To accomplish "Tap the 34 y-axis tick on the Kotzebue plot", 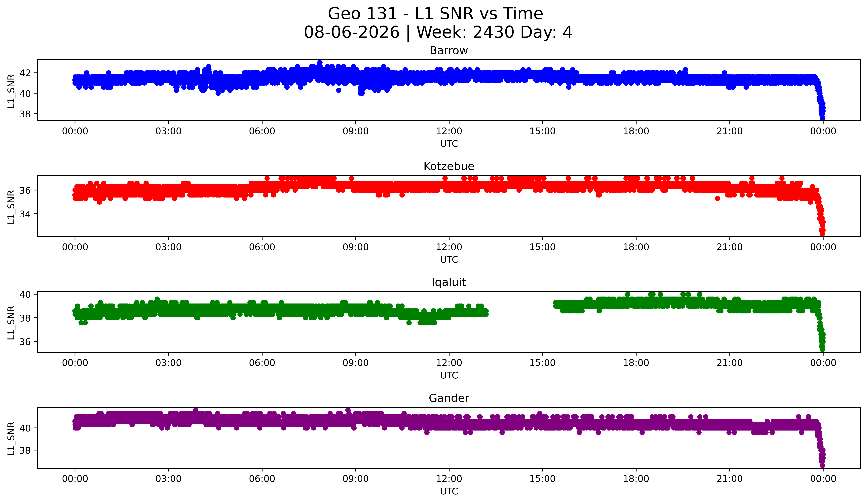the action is (25, 214).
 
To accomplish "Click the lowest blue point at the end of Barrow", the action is (822, 118).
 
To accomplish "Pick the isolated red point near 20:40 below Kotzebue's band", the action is (717, 198).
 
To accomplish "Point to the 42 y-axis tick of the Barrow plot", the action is (25, 73).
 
